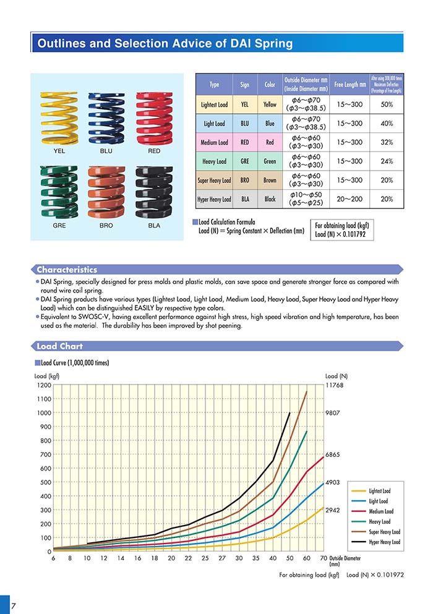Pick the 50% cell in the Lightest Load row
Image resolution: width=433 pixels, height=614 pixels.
click(x=387, y=104)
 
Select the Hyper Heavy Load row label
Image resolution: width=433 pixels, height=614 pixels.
click(x=213, y=200)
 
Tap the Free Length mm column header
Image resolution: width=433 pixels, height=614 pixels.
click(x=350, y=84)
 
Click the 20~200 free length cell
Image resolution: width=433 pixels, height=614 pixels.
click(x=350, y=200)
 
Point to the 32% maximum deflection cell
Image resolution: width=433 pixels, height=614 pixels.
click(x=387, y=143)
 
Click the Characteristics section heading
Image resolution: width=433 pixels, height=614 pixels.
click(x=67, y=270)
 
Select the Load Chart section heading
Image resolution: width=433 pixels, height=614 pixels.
click(x=59, y=346)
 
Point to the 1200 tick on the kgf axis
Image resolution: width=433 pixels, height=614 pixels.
click(x=43, y=385)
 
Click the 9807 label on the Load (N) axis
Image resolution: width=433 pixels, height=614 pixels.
click(x=333, y=413)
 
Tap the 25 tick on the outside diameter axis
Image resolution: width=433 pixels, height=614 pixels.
click(x=205, y=558)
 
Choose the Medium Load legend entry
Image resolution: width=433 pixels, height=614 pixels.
click(x=380, y=511)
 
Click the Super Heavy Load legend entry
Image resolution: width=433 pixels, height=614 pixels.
click(x=384, y=532)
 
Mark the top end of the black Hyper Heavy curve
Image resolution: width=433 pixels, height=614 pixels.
click(x=289, y=412)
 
